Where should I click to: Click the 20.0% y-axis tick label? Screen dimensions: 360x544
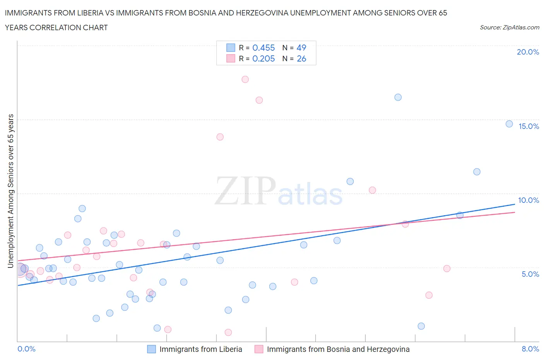point(528,52)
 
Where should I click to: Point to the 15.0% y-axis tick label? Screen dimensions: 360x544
point(529,126)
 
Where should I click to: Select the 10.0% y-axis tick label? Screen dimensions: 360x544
point(529,200)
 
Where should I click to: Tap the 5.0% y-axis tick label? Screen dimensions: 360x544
point(530,274)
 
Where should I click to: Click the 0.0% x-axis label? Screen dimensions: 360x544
point(26,349)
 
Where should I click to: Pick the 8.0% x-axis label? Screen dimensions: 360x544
point(530,349)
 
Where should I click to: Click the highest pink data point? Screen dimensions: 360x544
point(245,79)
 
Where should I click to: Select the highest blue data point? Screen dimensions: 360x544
point(398,97)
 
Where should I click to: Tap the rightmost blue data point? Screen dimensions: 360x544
point(509,124)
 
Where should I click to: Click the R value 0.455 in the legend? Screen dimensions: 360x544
point(263,48)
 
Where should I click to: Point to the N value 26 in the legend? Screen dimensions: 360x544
point(301,58)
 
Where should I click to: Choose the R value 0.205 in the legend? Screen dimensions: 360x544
point(263,58)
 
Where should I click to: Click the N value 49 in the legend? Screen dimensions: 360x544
point(301,48)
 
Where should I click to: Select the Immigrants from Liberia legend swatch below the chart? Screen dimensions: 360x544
point(151,349)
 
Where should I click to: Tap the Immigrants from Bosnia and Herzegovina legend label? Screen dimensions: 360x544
point(338,349)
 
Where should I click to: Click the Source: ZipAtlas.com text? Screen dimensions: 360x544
point(509,27)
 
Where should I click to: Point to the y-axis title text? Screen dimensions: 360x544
point(11,191)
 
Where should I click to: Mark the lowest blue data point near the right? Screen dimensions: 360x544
point(421,326)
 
